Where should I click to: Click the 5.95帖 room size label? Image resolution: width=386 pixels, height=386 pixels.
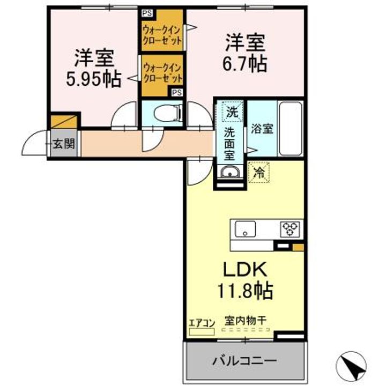93,79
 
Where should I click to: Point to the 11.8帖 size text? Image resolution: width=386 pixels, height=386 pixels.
245,291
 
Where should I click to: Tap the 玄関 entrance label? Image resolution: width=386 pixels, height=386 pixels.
64,144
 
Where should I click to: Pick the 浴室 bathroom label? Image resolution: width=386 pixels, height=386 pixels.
262,129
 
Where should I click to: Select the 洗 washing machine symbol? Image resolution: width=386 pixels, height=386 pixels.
231,113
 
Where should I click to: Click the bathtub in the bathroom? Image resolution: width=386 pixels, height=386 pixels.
291,127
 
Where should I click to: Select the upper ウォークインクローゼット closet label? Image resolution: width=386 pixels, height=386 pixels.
162,35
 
